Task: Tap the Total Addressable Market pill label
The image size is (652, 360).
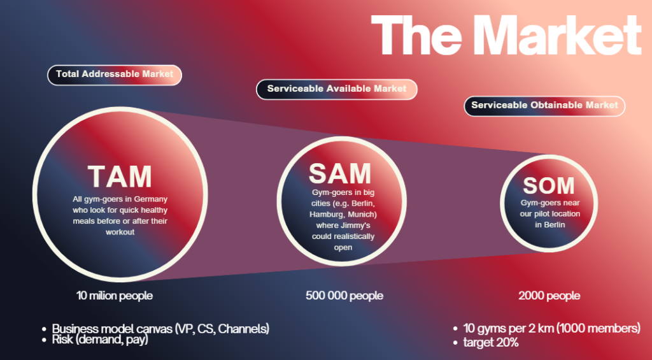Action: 115,75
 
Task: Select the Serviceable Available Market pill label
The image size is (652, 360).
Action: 336,89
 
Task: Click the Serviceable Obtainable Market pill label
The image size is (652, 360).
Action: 544,106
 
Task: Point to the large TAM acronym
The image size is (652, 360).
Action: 120,176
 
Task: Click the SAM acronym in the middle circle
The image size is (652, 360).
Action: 340,173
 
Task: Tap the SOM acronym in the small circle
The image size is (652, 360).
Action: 548,185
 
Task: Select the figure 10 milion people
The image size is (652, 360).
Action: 115,296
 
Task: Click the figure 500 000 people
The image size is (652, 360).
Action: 344,296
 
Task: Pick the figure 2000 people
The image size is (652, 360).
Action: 549,296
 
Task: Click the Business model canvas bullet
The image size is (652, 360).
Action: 160,329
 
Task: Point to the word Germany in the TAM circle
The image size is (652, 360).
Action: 151,199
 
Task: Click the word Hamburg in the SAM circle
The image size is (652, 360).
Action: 325,215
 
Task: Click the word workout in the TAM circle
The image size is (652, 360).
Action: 120,232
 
